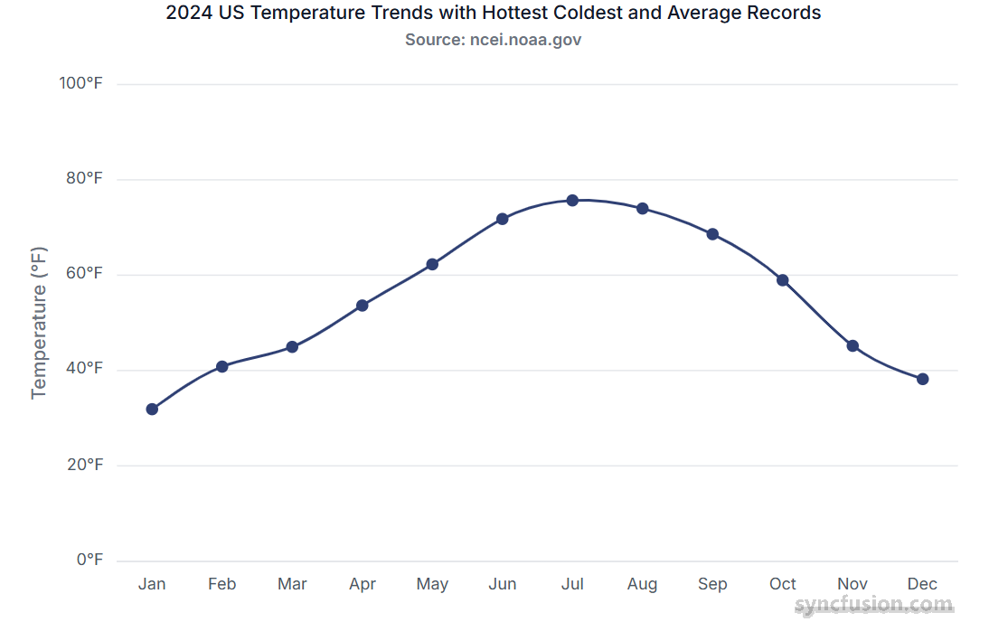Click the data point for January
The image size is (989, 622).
point(152,409)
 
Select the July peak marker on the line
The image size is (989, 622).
point(572,200)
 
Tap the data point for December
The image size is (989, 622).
point(922,379)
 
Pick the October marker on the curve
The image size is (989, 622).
point(783,280)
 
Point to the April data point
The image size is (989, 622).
point(363,306)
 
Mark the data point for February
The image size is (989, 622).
point(222,366)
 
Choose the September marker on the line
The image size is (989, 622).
point(712,234)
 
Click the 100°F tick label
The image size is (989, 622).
point(81,83)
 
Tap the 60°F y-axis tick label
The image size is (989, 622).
point(84,274)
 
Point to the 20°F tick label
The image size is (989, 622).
point(84,465)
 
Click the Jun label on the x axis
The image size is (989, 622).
point(503,584)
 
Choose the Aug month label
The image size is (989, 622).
point(643,584)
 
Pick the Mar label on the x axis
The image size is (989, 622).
point(292,584)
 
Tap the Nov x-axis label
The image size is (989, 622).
point(852,584)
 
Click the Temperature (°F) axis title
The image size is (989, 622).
point(38,322)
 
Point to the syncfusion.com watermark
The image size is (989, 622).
point(873,605)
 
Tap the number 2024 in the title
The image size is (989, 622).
point(188,14)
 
